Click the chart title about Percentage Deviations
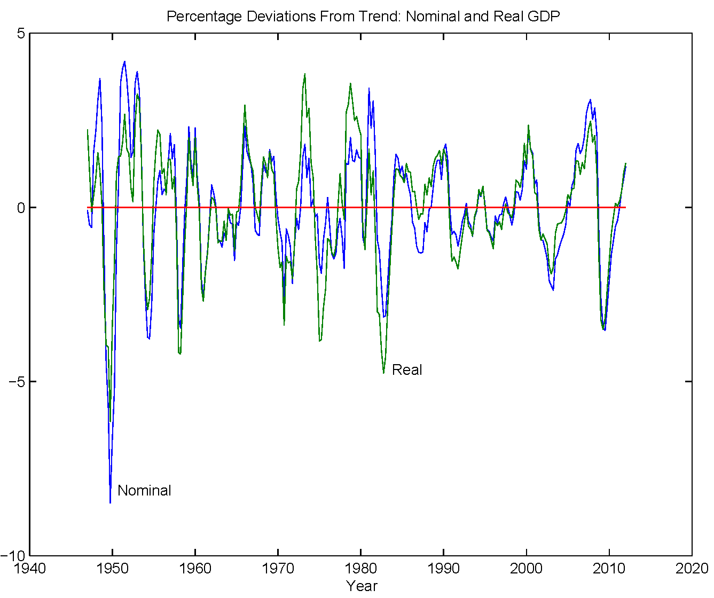click(363, 16)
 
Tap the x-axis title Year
click(362, 586)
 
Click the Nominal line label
click(144, 490)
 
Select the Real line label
click(407, 369)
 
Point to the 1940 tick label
click(30, 568)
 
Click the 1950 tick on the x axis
click(113, 568)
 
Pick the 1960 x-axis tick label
click(195, 568)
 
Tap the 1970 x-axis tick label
click(278, 568)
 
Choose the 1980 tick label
click(361, 568)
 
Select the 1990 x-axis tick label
click(444, 568)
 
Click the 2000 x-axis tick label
click(527, 568)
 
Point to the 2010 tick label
click(609, 568)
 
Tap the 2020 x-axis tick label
click(692, 568)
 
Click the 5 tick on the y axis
click(21, 33)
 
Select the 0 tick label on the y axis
click(21, 207)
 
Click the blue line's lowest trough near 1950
click(110, 502)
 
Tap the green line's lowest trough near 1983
click(383, 373)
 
